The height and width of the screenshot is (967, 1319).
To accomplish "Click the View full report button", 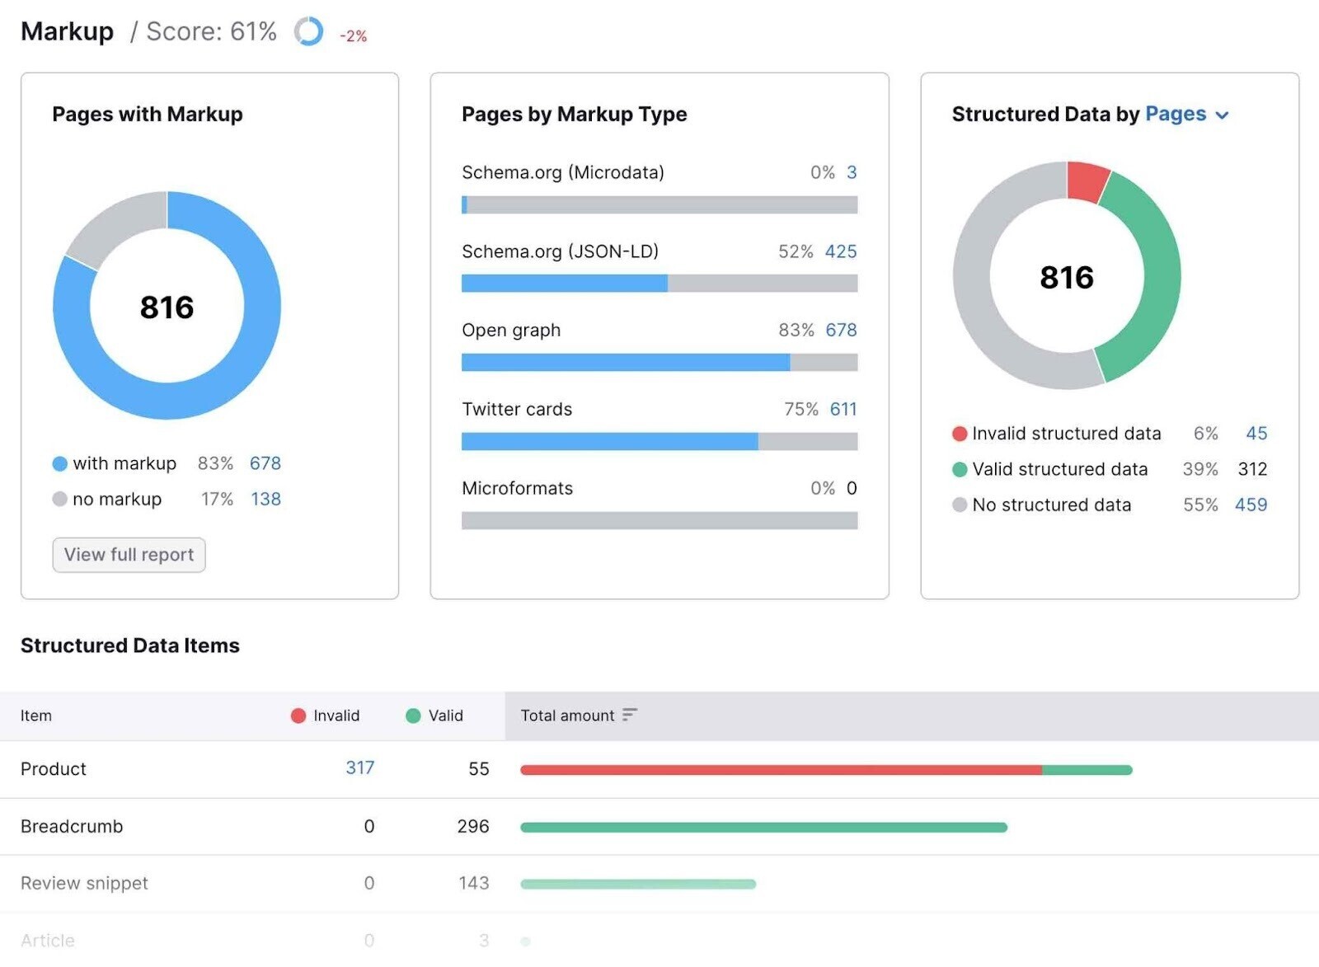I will click(x=129, y=555).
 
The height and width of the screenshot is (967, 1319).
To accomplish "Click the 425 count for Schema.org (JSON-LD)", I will click(x=841, y=251).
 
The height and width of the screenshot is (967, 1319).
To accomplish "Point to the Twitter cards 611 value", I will click(x=843, y=409).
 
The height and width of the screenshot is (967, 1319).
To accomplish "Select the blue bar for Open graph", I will click(x=625, y=363).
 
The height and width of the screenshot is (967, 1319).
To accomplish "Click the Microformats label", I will click(x=517, y=488).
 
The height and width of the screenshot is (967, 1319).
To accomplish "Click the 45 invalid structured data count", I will click(x=1256, y=434).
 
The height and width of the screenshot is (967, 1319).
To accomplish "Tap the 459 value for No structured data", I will click(x=1250, y=505).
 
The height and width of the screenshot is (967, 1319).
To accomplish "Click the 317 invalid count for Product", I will click(x=359, y=767).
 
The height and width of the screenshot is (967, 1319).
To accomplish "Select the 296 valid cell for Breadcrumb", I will click(x=472, y=826).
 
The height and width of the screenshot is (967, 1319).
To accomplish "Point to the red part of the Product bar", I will click(x=780, y=770).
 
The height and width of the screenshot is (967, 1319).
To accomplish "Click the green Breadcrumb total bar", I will click(x=763, y=827).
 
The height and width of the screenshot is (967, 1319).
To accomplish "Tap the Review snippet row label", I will click(x=84, y=883).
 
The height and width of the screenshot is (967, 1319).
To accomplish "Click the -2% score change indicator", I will click(x=353, y=36).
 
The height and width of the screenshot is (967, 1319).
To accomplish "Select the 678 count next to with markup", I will click(x=265, y=463).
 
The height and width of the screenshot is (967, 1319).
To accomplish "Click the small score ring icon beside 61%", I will click(x=308, y=32).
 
